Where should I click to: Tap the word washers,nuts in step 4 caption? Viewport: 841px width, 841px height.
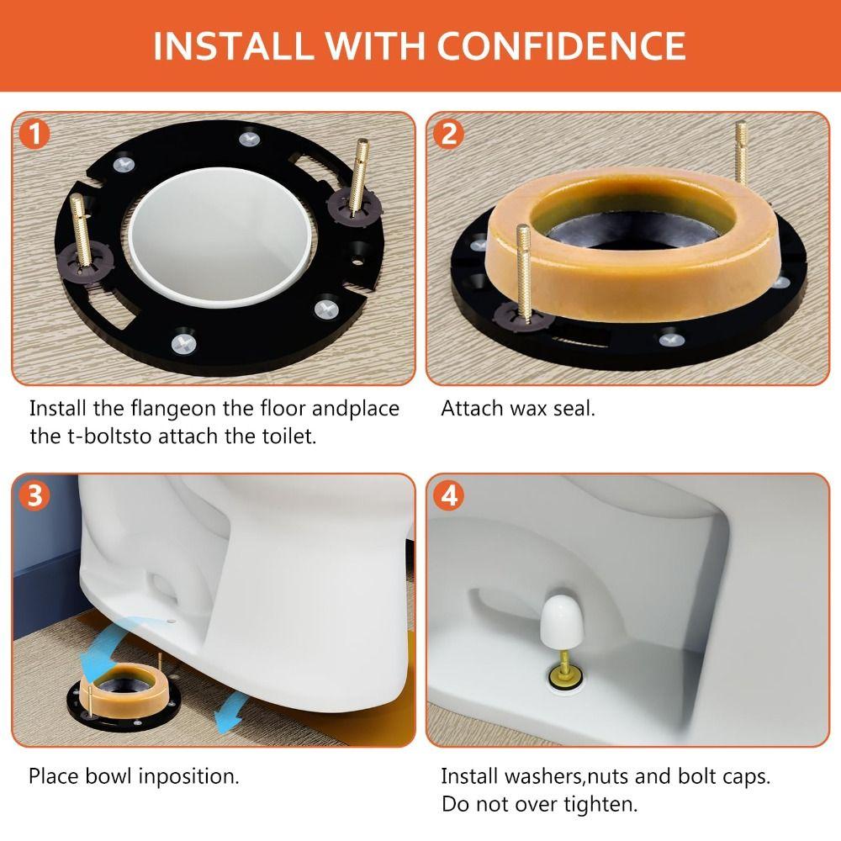coord(550,775)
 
